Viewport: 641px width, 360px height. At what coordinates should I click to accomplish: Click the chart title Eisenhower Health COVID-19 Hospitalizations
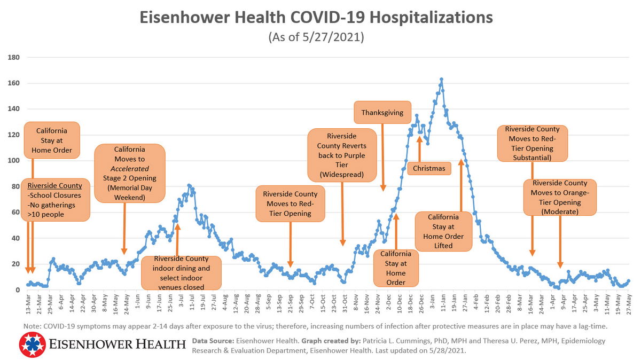pyautogui.click(x=316, y=17)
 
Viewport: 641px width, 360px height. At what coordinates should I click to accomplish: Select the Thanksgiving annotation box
pyautogui.click(x=382, y=113)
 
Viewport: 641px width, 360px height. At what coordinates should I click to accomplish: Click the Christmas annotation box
pyautogui.click(x=429, y=168)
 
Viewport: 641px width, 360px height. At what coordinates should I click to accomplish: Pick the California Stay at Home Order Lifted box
pyautogui.click(x=443, y=231)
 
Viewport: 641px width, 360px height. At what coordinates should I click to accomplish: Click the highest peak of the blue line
pyautogui.click(x=441, y=80)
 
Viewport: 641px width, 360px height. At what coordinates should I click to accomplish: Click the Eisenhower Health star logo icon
pyautogui.click(x=32, y=344)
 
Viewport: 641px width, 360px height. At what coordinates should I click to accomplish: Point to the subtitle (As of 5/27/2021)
pyautogui.click(x=316, y=37)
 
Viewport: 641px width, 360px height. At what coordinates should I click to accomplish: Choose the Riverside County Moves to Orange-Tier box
pyautogui.click(x=560, y=197)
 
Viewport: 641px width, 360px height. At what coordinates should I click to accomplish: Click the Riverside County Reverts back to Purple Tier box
pyautogui.click(x=341, y=155)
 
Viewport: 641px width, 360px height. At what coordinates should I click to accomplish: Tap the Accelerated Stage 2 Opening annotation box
pyautogui.click(x=129, y=173)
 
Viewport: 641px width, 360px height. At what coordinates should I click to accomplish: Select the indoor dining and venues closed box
pyautogui.click(x=181, y=272)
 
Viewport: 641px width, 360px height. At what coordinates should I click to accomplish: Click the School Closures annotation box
pyautogui.click(x=55, y=200)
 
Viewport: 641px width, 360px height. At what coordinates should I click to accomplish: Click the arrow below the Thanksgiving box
pyautogui.click(x=382, y=157)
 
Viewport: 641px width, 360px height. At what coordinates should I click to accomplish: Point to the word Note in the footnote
pyautogui.click(x=33, y=326)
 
